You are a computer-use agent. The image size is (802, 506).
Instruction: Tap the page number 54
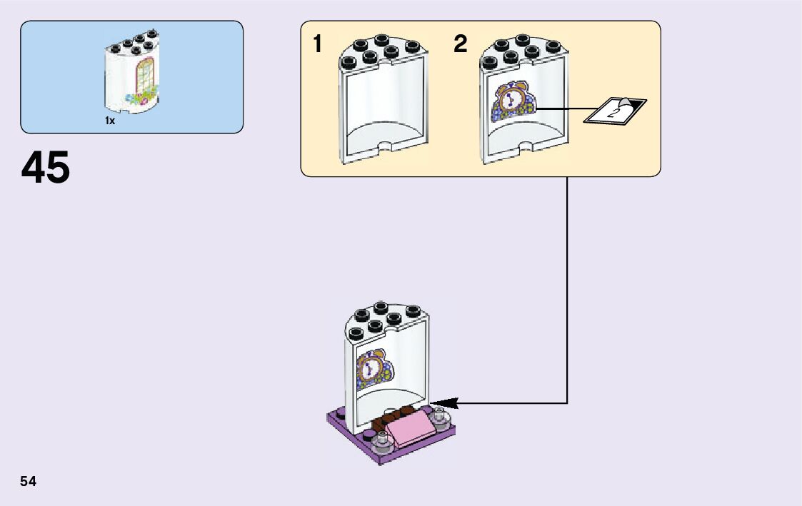click(29, 481)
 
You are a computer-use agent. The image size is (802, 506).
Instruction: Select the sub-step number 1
click(317, 45)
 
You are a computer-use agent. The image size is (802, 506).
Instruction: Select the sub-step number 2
click(461, 45)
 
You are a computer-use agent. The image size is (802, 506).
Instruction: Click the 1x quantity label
click(110, 121)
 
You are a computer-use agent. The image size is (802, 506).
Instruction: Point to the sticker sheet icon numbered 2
click(614, 110)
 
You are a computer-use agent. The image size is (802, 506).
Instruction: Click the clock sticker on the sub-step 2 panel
click(511, 102)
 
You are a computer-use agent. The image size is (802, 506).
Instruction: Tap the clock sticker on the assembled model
click(372, 368)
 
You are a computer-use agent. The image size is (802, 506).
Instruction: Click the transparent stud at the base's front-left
click(381, 445)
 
